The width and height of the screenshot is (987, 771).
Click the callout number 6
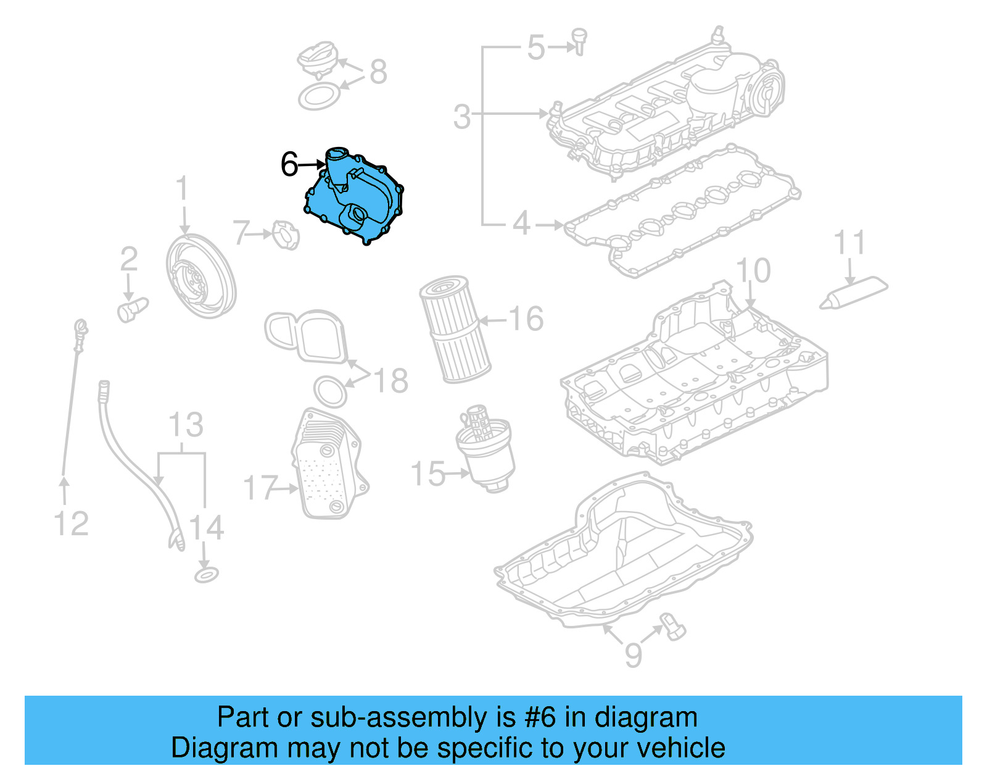point(289,164)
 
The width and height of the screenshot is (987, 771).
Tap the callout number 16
point(526,319)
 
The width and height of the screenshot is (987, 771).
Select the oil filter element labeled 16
point(455,328)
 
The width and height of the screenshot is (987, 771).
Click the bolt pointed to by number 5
point(579,41)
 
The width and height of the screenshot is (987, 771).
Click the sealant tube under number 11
point(854,293)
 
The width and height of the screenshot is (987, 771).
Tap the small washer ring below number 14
point(206,576)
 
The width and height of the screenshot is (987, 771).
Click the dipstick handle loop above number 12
point(80,327)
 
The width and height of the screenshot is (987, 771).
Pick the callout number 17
point(261,488)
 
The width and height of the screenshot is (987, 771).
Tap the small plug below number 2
point(132,309)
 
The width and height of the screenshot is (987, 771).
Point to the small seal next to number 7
point(286,235)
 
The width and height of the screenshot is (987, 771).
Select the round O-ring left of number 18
point(330,391)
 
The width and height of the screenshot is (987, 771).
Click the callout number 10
point(753,270)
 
